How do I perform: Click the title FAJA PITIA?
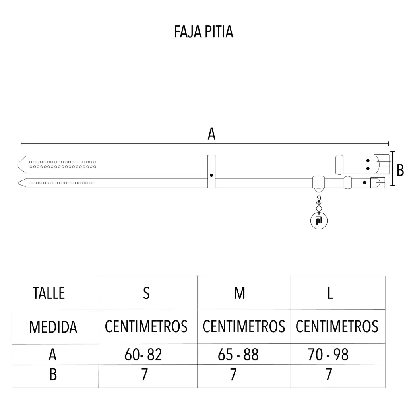coord(203,32)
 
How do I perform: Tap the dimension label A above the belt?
coord(211,134)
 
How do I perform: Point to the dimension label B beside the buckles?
coord(400,170)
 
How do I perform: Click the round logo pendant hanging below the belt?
coord(319,221)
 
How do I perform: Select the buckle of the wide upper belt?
coord(381,164)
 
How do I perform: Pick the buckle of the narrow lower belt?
coord(378,183)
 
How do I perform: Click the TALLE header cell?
coord(49,293)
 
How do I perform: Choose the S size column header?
coord(146,293)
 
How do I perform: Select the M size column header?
coord(240,293)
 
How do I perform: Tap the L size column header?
coord(330,293)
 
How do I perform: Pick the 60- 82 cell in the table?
coord(143,355)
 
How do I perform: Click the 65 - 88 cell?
coord(238,355)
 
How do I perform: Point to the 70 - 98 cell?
coord(328,355)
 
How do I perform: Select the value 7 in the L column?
coord(329,374)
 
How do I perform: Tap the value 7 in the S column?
coord(145,374)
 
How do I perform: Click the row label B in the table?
coord(53,374)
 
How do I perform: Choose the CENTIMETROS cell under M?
coord(244,326)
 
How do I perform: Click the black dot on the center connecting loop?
coord(211,175)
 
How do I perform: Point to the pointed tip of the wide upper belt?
coord(18,165)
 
